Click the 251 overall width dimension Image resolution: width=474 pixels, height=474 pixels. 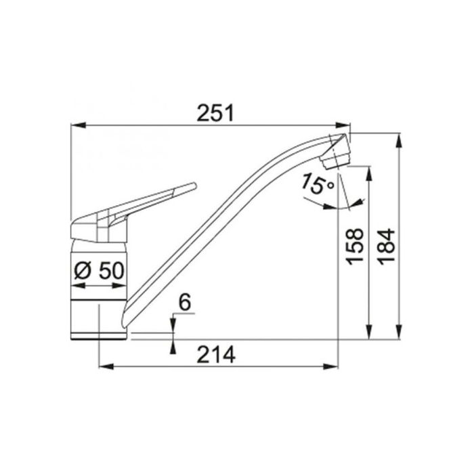pos(215,113)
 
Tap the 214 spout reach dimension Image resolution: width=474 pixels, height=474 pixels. pos(216,354)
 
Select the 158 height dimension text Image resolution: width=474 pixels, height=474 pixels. pos(355,246)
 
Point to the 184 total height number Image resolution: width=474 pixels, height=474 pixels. pos(387,247)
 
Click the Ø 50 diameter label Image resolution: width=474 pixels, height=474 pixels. pos(99,270)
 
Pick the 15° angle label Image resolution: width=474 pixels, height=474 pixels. pos(317,184)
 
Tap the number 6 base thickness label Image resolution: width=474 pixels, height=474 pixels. pos(185,302)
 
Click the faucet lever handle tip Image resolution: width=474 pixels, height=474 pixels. pos(194,186)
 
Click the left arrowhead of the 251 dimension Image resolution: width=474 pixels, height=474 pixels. pos(77,125)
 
